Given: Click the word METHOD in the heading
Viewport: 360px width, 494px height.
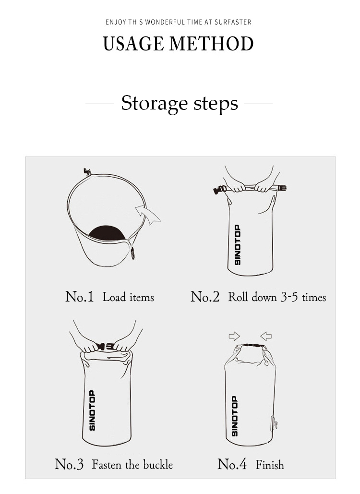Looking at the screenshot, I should pyautogui.click(x=211, y=44).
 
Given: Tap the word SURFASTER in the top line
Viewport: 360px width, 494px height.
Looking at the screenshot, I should pyautogui.click(x=233, y=22).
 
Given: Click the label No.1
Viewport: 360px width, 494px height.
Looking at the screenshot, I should pyautogui.click(x=80, y=297).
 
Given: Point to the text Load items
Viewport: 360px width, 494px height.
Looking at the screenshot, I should pyautogui.click(x=128, y=297).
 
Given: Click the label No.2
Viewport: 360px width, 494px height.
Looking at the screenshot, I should pyautogui.click(x=205, y=297).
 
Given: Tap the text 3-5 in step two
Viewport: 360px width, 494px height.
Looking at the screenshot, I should pyautogui.click(x=289, y=297).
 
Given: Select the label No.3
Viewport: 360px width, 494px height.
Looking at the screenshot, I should pyautogui.click(x=69, y=464).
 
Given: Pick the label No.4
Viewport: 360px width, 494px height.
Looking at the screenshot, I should pyautogui.click(x=232, y=464).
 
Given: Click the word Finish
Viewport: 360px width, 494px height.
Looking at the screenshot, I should pyautogui.click(x=269, y=465).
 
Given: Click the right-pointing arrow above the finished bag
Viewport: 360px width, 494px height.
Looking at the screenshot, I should pyautogui.click(x=234, y=336).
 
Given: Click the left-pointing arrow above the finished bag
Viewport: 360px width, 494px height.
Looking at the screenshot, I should pyautogui.click(x=266, y=336).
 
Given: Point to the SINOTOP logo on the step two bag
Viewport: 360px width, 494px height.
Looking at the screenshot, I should pyautogui.click(x=238, y=245).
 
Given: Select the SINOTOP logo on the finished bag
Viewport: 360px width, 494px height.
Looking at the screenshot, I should pyautogui.click(x=235, y=416).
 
